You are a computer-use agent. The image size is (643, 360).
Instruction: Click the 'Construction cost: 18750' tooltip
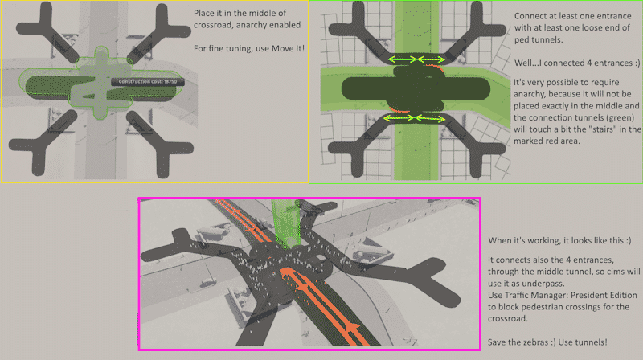(148, 82)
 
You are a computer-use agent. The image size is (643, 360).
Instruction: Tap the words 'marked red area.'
(547, 141)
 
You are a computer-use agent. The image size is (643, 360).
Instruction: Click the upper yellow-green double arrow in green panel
(416, 59)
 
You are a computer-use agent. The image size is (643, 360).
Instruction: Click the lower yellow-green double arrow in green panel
(414, 118)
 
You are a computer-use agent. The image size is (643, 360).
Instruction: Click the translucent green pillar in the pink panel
(285, 223)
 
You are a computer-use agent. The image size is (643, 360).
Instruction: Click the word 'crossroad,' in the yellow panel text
(213, 25)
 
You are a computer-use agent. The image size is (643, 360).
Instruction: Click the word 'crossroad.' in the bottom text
(507, 318)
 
